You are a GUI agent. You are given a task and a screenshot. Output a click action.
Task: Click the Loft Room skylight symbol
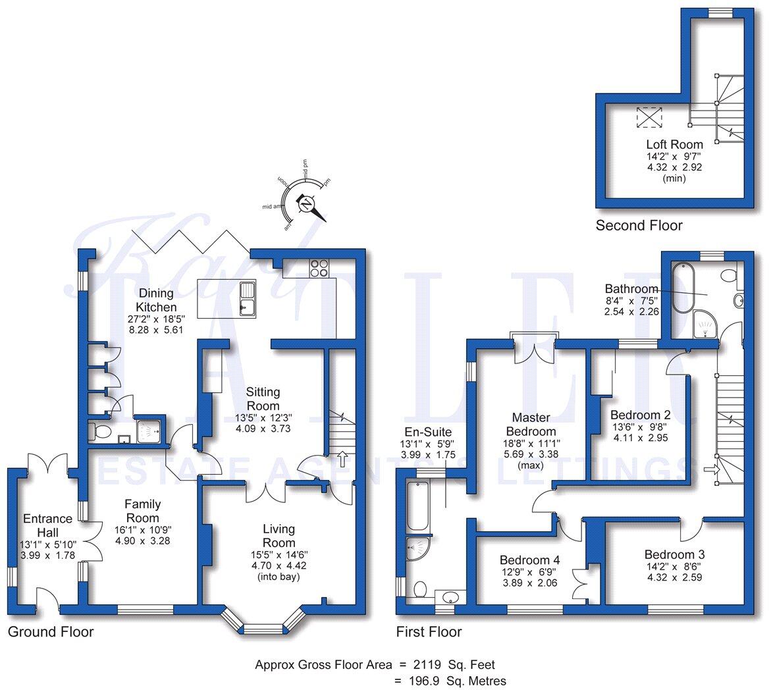(x=649, y=117)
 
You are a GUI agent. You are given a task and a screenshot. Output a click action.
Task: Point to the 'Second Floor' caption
(x=639, y=226)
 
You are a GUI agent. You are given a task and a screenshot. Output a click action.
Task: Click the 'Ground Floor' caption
(x=51, y=632)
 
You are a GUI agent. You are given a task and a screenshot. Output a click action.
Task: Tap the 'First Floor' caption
(x=429, y=632)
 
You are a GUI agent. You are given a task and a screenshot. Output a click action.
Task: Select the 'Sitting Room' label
(x=263, y=399)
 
